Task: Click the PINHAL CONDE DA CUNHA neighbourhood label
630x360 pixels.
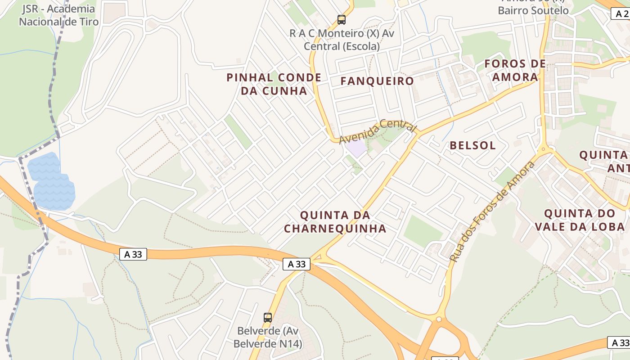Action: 274,84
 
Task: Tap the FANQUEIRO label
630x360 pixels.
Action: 377,81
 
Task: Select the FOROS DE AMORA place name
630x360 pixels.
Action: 515,70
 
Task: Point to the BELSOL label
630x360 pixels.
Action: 472,145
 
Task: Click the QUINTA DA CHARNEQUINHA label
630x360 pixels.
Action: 335,222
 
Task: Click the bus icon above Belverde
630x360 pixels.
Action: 268,318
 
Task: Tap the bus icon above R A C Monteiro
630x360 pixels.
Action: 342,20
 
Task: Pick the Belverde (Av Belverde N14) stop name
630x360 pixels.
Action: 268,337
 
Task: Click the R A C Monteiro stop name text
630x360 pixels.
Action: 342,40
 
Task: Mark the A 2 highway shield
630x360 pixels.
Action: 620,14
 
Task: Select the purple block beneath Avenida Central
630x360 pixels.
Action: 356,148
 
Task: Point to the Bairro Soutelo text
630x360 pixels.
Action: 533,10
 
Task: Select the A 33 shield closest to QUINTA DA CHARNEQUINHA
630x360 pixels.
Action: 297,264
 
